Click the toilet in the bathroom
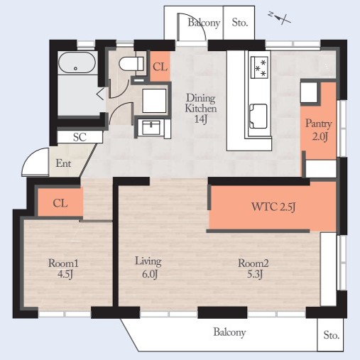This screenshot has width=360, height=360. click(131, 64)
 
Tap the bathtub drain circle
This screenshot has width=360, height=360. click(75, 69)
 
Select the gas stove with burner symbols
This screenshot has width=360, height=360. click(260, 67)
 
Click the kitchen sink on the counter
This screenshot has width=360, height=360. click(258, 116)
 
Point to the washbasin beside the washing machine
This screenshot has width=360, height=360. click(151, 127)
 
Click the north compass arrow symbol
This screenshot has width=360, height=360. click(280, 18)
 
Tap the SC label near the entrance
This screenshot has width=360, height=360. click(80, 137)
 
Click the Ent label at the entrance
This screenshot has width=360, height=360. click(63, 163)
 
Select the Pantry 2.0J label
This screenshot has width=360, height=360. click(319, 130)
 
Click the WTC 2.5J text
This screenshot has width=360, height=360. click(273, 207)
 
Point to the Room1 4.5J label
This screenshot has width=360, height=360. click(63, 268)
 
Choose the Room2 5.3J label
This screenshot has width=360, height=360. click(253, 268)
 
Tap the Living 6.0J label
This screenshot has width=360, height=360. click(148, 268)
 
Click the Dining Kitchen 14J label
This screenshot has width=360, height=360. click(201, 109)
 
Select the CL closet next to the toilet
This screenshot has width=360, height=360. click(160, 66)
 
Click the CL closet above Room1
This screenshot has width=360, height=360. click(60, 203)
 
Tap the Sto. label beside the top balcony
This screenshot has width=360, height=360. click(240, 23)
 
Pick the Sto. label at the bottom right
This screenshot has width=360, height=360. click(331, 335)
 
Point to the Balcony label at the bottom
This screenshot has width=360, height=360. click(229, 332)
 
